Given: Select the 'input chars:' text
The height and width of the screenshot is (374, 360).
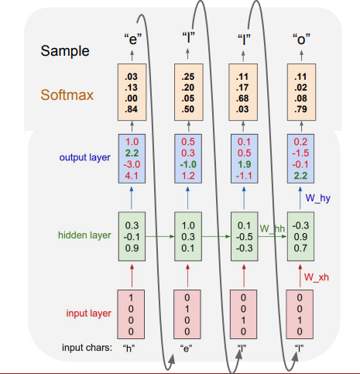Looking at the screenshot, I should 87,348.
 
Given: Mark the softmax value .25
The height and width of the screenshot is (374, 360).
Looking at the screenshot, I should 187,77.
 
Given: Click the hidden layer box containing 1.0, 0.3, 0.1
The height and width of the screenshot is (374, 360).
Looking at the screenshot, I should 187,235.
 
